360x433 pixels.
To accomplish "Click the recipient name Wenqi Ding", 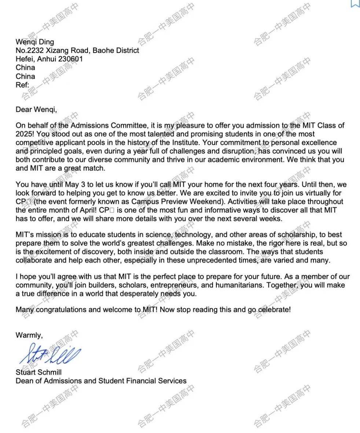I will [34, 42].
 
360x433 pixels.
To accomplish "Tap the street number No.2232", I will [30, 51].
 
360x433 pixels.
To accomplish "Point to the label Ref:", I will [22, 85].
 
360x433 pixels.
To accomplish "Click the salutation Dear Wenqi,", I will [36, 109].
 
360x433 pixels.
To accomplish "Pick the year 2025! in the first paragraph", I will [25, 134].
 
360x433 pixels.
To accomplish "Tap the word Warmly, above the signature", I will [29, 335].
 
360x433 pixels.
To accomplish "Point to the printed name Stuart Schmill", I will [38, 372].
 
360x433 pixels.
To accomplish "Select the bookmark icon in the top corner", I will [355, 3].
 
